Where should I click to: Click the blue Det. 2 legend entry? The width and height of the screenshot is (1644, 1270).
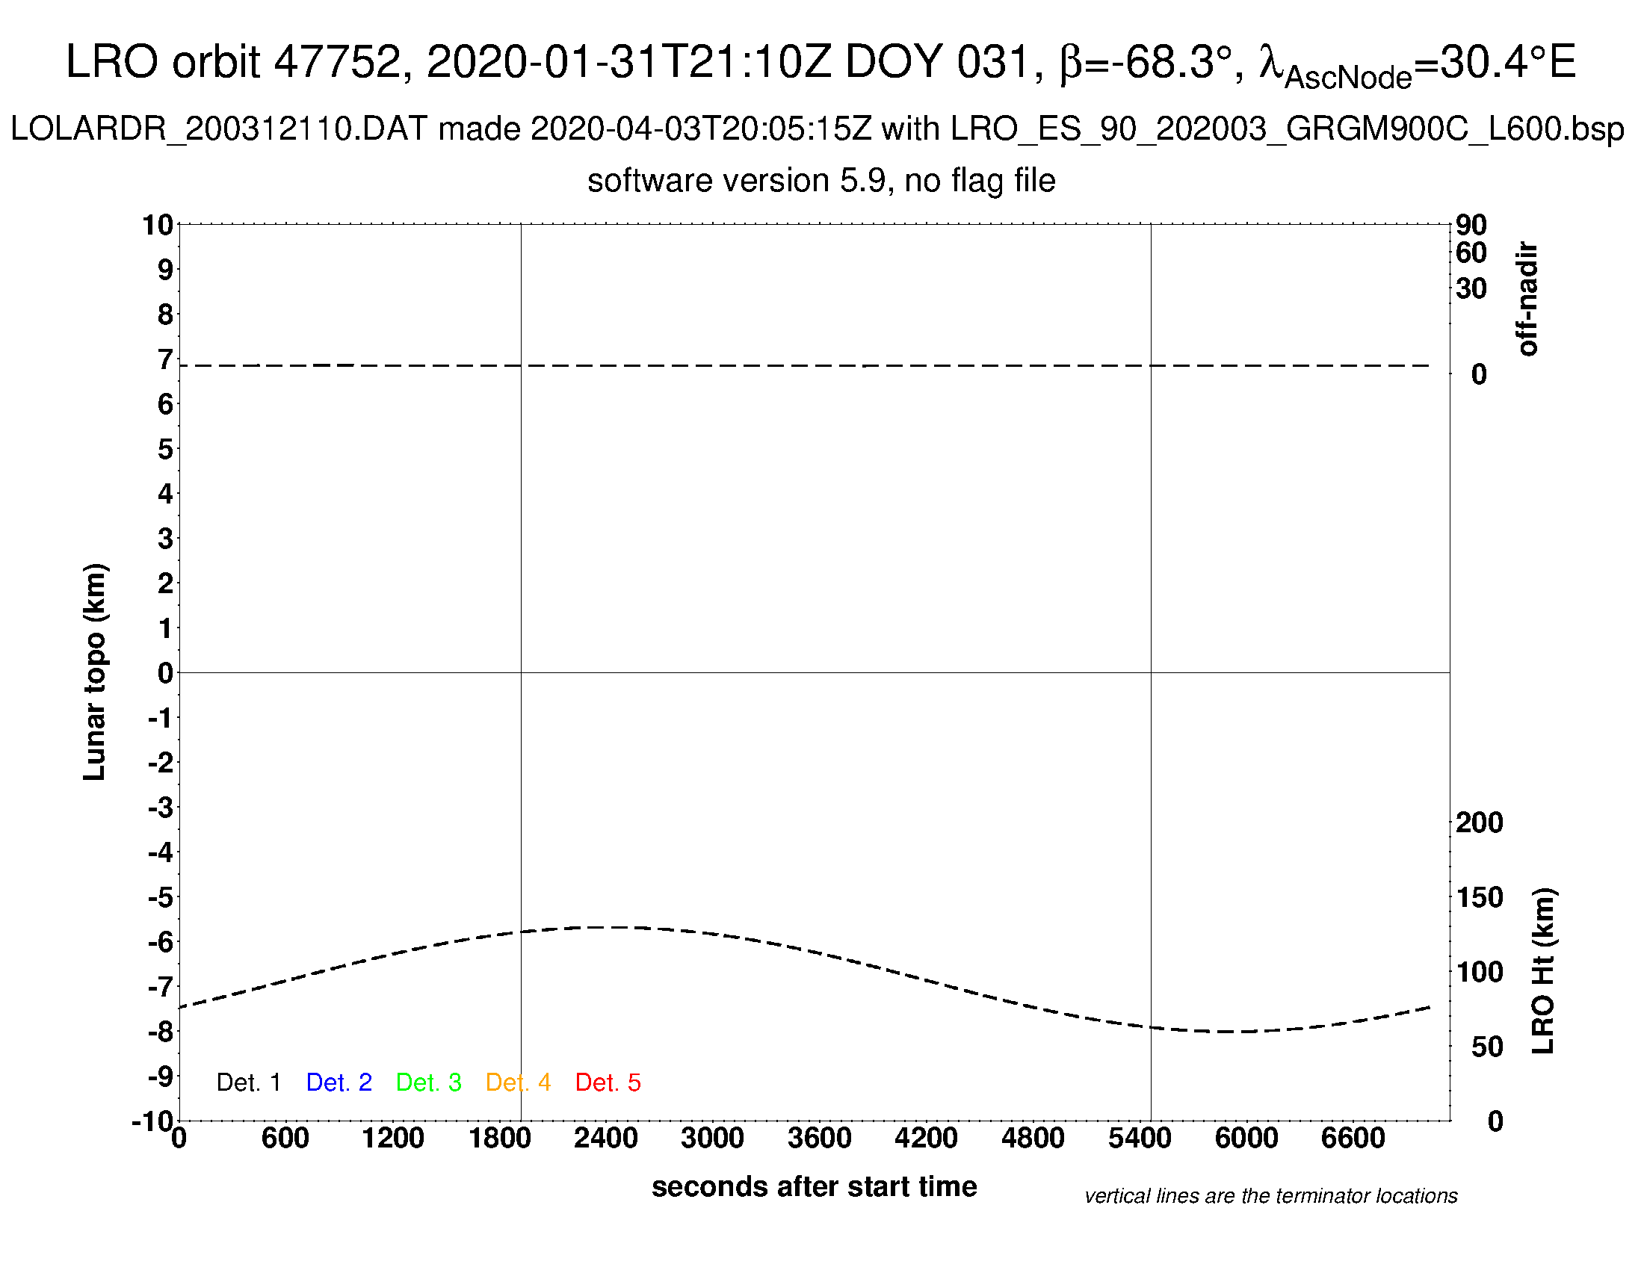click(339, 1082)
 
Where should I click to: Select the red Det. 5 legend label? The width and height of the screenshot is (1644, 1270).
click(608, 1082)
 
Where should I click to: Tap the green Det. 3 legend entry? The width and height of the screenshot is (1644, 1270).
click(428, 1082)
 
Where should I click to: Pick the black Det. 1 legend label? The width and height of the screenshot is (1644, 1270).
click(248, 1082)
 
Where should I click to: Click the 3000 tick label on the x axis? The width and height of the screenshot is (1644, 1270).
click(712, 1138)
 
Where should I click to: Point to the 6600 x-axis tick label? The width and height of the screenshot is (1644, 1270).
click(1353, 1138)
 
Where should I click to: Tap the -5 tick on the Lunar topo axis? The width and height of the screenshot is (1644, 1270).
click(161, 896)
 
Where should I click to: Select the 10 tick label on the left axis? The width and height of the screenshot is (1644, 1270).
click(158, 225)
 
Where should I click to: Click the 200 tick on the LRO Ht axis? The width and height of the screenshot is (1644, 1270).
click(1479, 823)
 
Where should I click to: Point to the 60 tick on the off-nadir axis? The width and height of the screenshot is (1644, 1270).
click(1471, 253)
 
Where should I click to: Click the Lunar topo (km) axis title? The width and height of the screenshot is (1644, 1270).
click(95, 672)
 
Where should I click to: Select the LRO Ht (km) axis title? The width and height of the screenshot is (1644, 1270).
click(1543, 970)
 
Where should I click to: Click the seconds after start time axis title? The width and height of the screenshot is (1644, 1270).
click(814, 1186)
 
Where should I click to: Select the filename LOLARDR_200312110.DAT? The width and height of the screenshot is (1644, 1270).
click(218, 129)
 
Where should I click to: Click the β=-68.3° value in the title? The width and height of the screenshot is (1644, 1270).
click(1146, 62)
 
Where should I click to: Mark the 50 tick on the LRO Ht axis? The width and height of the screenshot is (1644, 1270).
click(1486, 1047)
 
